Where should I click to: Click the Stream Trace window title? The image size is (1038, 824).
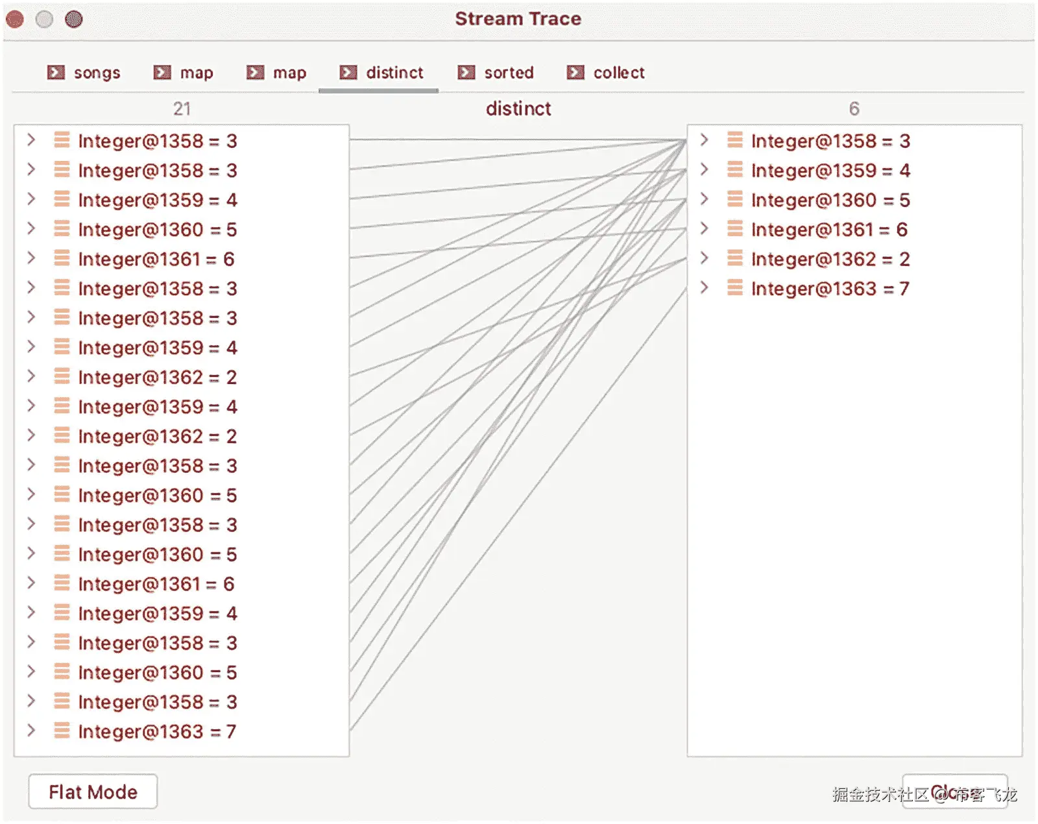518,19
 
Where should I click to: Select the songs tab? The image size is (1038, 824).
84,73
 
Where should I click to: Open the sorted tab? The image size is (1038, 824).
496,73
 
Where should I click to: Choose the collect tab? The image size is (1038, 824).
607,73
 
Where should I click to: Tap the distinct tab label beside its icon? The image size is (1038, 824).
394,73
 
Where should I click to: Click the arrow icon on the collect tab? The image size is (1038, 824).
575,73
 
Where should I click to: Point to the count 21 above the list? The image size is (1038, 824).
182,108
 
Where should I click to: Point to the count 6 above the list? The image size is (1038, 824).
854,108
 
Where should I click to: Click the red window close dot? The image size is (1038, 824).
15,19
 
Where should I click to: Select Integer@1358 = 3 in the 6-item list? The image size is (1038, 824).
830,141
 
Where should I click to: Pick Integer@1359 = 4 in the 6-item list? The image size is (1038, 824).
830,171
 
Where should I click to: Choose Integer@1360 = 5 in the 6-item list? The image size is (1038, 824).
830,200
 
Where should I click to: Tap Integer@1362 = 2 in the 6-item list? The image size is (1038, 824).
830,260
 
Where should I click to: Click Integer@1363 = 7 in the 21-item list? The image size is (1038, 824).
157,732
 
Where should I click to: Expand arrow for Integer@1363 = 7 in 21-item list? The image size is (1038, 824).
31,731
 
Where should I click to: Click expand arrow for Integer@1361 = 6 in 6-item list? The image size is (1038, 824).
705,229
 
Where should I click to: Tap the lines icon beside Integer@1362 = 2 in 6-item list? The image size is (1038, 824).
735,259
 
